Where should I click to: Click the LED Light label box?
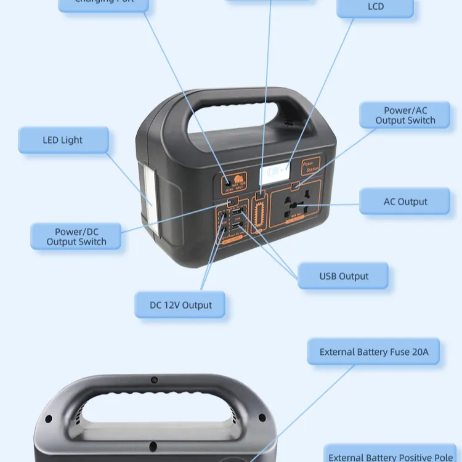pos(63,140)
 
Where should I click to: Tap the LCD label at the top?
pos(375,7)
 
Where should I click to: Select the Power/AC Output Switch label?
pos(405,116)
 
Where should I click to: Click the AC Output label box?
pos(405,202)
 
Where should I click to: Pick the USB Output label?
pos(343,276)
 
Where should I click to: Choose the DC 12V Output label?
pos(180,305)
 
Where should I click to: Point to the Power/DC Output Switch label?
pos(76,237)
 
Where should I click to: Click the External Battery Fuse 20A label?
pos(373,352)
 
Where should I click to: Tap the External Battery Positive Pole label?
pos(391,456)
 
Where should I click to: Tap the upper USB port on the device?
pos(237,216)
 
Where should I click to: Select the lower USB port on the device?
pos(237,227)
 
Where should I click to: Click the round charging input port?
pos(228,183)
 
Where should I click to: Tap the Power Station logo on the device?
pos(311,166)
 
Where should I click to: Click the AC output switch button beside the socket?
pos(296,186)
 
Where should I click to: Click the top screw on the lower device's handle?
pos(154,379)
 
